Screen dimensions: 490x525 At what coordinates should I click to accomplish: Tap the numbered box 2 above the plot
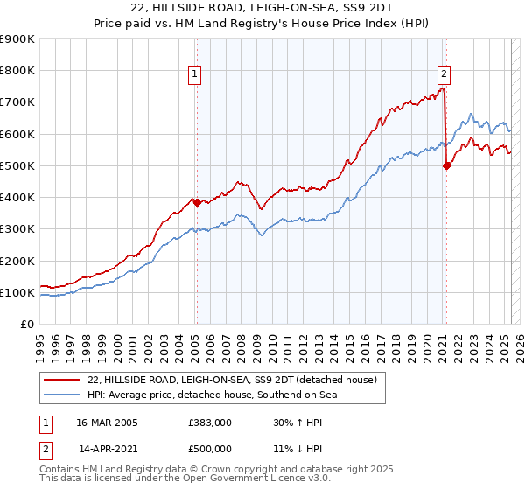click(x=444, y=74)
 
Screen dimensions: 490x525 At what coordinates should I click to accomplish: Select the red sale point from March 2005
click(x=197, y=202)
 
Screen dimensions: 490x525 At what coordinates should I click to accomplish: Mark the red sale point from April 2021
click(x=446, y=165)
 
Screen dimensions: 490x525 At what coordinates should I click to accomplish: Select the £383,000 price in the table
click(x=208, y=423)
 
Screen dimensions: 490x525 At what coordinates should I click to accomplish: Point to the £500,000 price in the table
click(x=208, y=448)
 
